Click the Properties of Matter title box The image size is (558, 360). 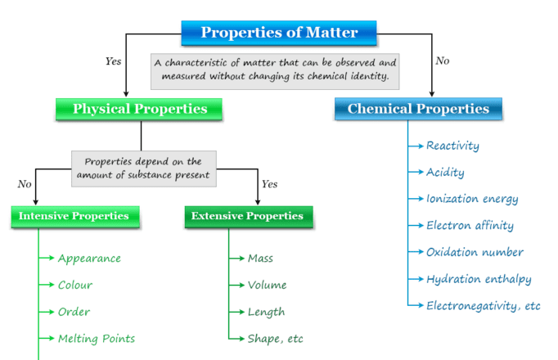(x=279, y=34)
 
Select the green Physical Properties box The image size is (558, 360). (x=140, y=109)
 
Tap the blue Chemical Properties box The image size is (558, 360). (x=418, y=109)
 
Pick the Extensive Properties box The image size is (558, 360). (x=247, y=217)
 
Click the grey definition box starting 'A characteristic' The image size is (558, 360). (x=275, y=71)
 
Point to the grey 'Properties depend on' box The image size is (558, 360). (x=144, y=168)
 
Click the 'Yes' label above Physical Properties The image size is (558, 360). (x=114, y=61)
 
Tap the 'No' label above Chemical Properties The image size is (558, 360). (x=443, y=61)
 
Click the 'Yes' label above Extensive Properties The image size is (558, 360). (x=269, y=184)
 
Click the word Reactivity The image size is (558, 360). (x=452, y=146)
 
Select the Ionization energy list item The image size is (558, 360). (x=472, y=199)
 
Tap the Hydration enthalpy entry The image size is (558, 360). (x=479, y=279)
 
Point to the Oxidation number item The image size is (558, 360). (x=475, y=252)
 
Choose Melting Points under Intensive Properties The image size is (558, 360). (x=96, y=338)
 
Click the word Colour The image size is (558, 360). (x=74, y=285)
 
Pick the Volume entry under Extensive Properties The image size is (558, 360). (x=268, y=285)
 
